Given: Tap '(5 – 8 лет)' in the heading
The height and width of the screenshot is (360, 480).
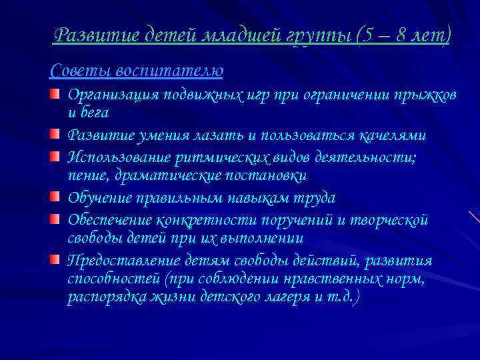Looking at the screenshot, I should click(403, 35).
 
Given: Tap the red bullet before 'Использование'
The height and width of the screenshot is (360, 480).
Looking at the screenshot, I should click(59, 157).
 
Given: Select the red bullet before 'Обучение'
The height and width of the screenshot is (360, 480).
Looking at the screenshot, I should click(59, 198).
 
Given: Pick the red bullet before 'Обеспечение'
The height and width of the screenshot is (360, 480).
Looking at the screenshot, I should click(59, 219).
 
